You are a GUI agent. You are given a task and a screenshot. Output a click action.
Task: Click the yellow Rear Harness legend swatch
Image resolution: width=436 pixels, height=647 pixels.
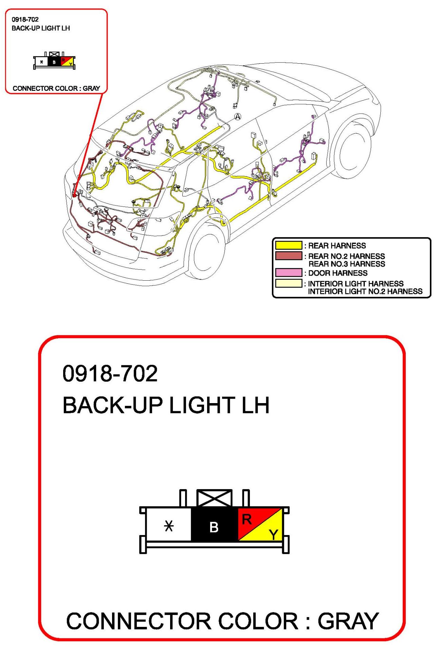(288, 245)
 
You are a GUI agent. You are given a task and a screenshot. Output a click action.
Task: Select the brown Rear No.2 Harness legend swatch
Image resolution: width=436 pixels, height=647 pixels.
(288, 255)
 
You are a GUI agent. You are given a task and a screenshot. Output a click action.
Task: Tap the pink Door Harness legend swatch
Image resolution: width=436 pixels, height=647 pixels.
(288, 272)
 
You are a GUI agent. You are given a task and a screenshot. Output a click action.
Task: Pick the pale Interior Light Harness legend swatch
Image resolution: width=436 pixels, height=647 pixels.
(288, 283)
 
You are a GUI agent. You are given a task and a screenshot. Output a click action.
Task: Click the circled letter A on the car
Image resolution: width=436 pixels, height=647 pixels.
(238, 117)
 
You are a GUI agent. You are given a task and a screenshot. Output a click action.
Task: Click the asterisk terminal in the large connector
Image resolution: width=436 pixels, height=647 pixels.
(169, 526)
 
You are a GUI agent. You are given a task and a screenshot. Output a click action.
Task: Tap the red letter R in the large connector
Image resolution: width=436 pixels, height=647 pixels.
(247, 519)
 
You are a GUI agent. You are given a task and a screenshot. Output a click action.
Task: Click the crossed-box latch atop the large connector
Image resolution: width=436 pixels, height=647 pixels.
(215, 498)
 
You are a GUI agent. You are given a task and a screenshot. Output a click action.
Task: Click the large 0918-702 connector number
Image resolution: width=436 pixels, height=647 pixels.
(110, 373)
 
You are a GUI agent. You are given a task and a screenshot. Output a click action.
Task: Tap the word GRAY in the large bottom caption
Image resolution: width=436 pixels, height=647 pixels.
(348, 621)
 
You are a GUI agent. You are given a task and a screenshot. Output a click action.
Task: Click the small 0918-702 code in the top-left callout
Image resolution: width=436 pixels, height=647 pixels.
(25, 19)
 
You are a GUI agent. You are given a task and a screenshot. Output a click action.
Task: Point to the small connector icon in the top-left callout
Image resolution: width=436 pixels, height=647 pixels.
(54, 61)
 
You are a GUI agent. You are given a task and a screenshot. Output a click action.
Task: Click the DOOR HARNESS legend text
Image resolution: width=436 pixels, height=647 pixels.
(338, 273)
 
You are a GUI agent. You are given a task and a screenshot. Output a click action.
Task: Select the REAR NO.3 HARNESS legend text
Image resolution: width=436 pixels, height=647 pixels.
(347, 264)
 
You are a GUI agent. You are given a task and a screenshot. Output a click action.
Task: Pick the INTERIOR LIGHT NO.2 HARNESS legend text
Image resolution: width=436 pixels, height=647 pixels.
(365, 291)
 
